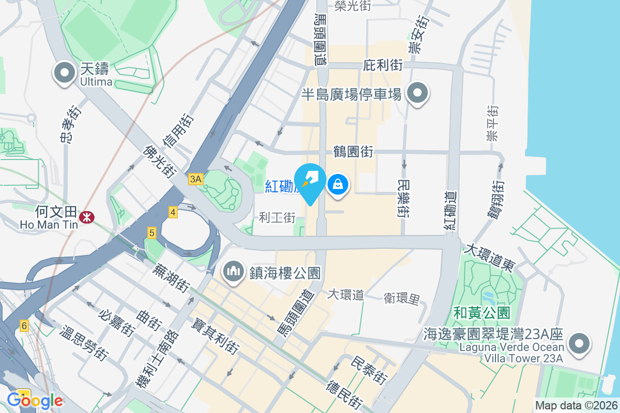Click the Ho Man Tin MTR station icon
click(x=86, y=218)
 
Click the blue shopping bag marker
click(x=337, y=184)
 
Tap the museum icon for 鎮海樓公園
click(x=234, y=271)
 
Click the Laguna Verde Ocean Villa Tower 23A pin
click(x=579, y=343)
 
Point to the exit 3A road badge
click(x=196, y=179)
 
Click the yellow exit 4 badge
click(x=173, y=212)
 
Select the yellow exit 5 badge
click(x=151, y=233)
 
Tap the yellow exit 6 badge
click(x=24, y=326)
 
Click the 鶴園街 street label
click(x=353, y=152)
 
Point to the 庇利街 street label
click(x=383, y=65)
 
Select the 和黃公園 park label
click(x=482, y=312)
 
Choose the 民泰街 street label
click(x=368, y=370)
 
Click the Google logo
click(x=35, y=400)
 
